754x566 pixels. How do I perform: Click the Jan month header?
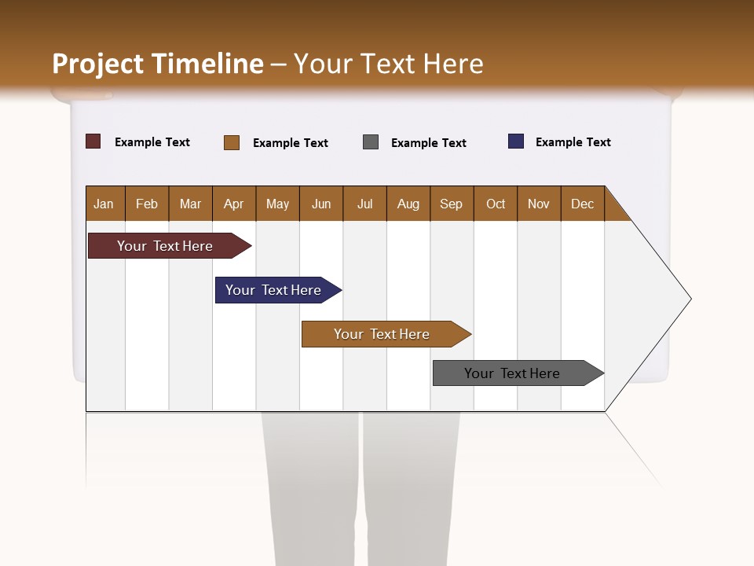click(104, 204)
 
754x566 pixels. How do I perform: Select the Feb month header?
click(147, 204)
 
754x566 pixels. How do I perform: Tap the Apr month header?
click(234, 204)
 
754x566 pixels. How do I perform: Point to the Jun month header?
click(321, 204)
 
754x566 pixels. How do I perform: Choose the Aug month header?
click(408, 204)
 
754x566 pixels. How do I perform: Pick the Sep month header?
click(452, 204)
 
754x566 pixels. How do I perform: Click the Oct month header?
click(496, 204)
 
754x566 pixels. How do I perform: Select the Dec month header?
click(583, 204)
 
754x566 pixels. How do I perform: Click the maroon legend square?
click(93, 141)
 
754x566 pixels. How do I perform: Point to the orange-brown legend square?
click(232, 142)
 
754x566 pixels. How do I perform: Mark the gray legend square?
click(371, 142)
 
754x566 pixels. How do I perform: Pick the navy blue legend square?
click(516, 141)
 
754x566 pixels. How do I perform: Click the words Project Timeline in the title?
click(158, 64)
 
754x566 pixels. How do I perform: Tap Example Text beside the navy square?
click(573, 142)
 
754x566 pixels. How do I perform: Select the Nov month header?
click(539, 204)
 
